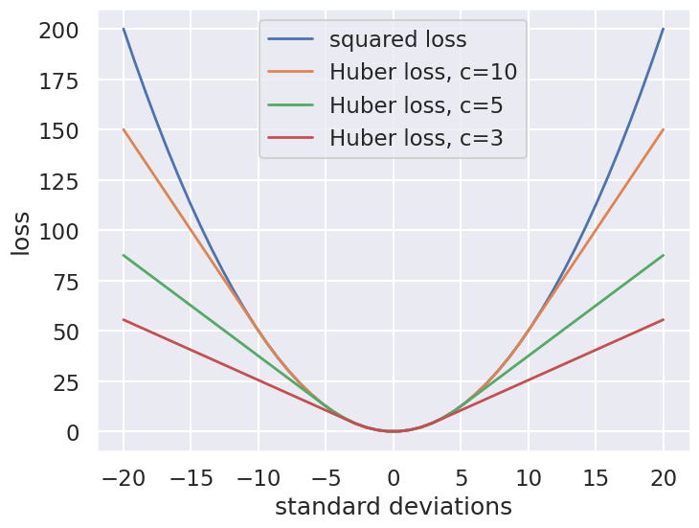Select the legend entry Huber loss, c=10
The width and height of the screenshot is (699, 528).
423,72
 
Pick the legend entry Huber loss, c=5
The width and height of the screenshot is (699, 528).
416,104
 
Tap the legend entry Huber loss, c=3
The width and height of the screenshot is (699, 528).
416,137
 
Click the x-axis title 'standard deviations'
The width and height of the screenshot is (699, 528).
393,506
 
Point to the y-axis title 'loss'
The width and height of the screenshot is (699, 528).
21,231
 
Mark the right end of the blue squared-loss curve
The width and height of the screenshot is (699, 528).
663,29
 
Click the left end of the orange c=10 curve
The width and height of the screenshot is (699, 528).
124,129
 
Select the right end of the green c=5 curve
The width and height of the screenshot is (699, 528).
663,255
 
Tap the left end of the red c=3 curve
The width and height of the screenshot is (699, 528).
124,319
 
